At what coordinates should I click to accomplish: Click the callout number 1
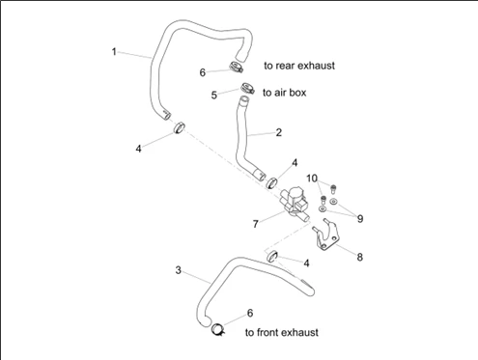tap(114, 52)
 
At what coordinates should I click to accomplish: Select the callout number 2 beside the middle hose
tap(279, 132)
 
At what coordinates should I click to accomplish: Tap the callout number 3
tap(179, 270)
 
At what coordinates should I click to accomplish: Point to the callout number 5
tap(214, 96)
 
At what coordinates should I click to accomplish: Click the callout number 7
tap(256, 224)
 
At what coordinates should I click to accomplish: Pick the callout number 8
tap(360, 257)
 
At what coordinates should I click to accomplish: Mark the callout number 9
tap(360, 219)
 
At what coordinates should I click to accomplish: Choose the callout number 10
tap(312, 179)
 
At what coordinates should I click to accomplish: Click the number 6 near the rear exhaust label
tap(203, 72)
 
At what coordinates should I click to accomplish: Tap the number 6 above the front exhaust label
tap(250, 313)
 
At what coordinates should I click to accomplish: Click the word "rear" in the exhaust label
tap(285, 66)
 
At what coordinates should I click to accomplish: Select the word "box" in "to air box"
tap(298, 93)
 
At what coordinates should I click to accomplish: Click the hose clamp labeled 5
tap(247, 88)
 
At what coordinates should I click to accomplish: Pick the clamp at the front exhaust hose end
tap(218, 329)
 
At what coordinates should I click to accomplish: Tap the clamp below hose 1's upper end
tap(237, 67)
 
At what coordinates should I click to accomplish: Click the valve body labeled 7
tap(295, 204)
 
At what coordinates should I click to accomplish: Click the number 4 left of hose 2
tap(138, 149)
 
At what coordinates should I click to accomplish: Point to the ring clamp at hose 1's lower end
tap(180, 127)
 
